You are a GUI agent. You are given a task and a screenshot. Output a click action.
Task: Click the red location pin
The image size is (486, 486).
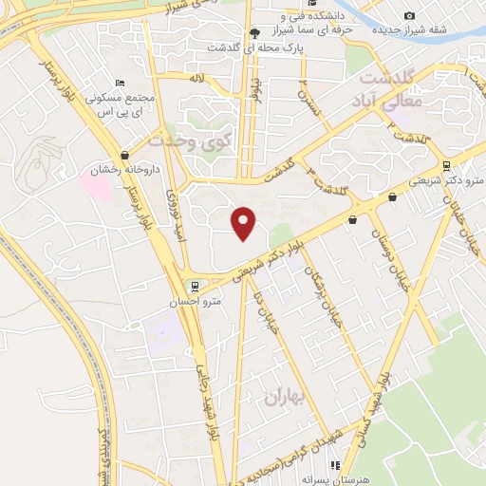tap(245, 222)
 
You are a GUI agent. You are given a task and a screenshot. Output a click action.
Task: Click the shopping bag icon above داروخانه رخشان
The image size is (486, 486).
tap(125, 155)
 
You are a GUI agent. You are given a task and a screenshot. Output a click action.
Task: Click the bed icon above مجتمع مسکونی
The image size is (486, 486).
tap(119, 84)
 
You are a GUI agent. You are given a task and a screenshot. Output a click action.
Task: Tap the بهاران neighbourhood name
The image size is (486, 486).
tap(287, 398)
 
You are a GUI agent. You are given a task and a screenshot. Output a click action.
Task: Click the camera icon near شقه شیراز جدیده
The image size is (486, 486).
tap(409, 15)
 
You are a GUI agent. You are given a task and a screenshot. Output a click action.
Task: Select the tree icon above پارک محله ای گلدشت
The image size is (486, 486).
tap(254, 31)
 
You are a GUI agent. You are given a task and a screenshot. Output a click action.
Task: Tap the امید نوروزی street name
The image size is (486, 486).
tap(175, 215)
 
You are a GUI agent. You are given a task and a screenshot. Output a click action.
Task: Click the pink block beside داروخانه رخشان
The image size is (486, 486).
tap(99, 185)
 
